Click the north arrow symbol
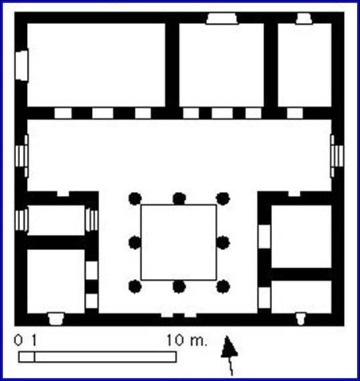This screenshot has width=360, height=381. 229,355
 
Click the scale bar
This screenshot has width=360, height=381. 97,357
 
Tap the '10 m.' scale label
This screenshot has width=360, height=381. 187,340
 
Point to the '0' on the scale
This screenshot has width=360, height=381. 18,340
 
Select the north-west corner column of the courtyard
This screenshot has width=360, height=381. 135,199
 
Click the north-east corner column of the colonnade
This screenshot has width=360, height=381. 223,199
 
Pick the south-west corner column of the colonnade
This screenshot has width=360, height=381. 135,286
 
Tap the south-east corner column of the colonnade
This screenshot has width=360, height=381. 223,286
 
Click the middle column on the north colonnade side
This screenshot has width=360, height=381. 179,199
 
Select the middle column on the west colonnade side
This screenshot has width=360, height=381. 135,243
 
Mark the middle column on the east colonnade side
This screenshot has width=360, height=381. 223,243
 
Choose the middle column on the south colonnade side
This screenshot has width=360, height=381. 179,286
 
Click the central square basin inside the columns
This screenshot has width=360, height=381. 179,242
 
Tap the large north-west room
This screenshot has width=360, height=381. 96,65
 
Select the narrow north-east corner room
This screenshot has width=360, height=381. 304,65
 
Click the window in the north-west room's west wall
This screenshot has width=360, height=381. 22,65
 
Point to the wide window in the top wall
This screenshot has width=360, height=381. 222,19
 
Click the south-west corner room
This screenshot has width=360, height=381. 56,281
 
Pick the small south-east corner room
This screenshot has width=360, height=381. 302,297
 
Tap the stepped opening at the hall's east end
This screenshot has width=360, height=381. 337,156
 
